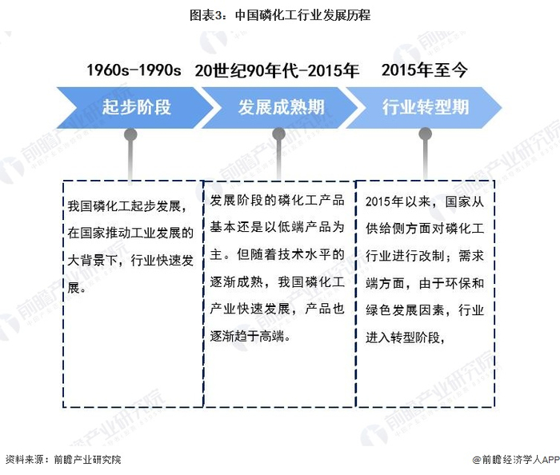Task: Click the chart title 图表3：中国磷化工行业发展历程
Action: click(280, 14)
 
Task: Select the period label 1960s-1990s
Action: click(134, 70)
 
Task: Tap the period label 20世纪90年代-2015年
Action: click(276, 70)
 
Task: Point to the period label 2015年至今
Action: click(424, 70)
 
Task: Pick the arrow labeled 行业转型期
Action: click(424, 106)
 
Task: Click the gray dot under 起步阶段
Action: click(130, 134)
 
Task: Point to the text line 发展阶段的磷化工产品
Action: click(277, 201)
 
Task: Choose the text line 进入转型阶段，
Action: click(405, 337)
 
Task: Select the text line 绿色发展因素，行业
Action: click(424, 310)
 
